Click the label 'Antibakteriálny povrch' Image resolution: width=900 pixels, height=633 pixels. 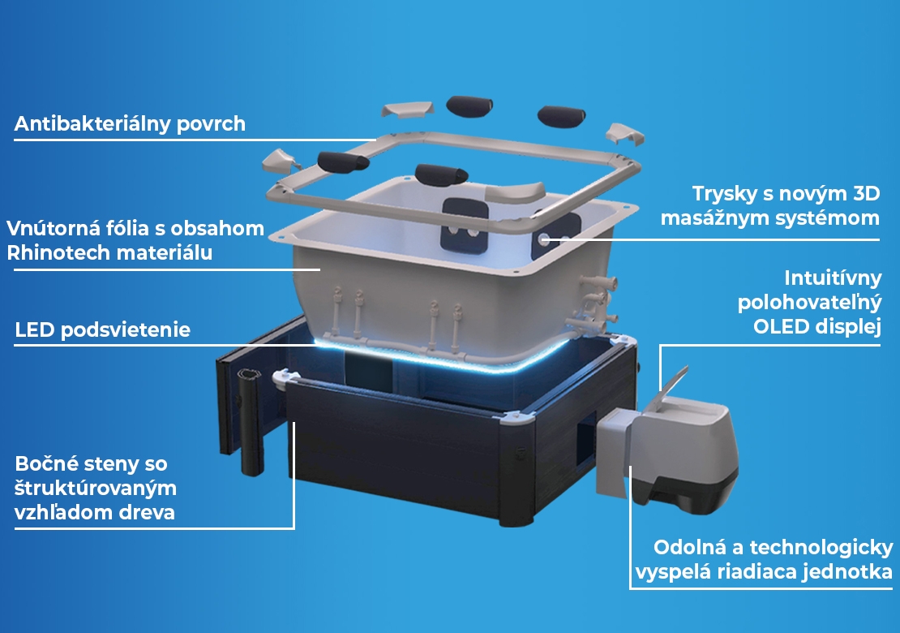coord(130,124)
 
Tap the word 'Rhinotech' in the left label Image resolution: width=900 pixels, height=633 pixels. coord(58,252)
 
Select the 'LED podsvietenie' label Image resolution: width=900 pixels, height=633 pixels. coord(103,329)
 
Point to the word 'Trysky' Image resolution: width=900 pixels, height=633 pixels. coord(724,194)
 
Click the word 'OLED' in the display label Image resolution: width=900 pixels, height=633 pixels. coord(780,327)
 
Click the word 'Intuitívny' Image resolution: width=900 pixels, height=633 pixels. coord(833,278)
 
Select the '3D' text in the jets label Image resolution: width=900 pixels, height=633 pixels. coord(866,194)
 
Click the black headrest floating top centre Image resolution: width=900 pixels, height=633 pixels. coord(469,107)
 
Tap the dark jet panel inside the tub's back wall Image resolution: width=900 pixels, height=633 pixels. coord(465,225)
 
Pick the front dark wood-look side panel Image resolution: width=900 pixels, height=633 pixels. coord(396,442)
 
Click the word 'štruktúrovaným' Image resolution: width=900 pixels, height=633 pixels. coord(96,489)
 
